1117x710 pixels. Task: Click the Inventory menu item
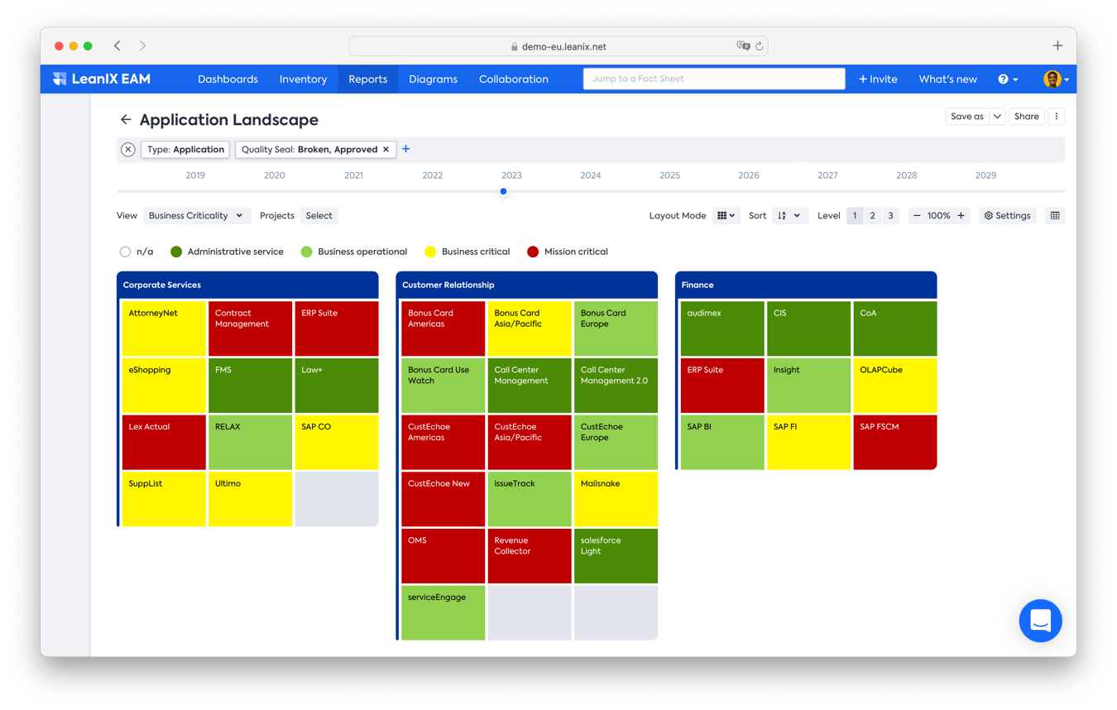tap(303, 79)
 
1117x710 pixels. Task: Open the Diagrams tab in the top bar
tap(433, 79)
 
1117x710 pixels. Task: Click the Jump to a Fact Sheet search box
tap(713, 79)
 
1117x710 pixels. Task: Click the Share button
tap(1026, 117)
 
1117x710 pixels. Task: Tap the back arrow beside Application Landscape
tap(126, 120)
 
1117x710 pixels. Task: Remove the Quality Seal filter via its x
tap(386, 150)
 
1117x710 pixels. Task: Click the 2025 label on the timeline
tap(669, 175)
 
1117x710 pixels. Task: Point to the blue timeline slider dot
tap(503, 191)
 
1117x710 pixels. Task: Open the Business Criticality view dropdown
tap(195, 216)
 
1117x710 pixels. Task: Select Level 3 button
tap(890, 216)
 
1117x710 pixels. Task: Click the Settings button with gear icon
tap(1007, 216)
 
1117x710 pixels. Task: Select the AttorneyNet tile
tap(164, 329)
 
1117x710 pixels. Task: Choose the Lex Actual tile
tap(164, 442)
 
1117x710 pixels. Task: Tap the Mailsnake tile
tap(615, 499)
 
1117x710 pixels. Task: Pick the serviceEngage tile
tap(443, 612)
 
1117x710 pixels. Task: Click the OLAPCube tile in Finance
tap(894, 386)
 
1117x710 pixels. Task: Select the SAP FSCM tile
tap(894, 442)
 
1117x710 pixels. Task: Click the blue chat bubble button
tap(1040, 621)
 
